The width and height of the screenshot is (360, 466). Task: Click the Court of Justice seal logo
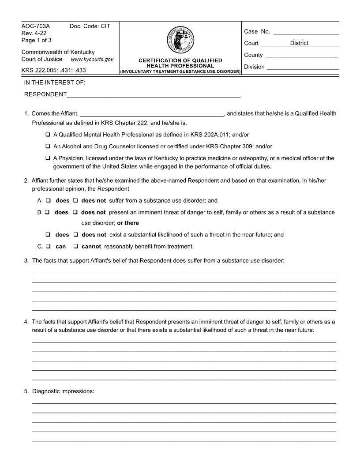point(180,41)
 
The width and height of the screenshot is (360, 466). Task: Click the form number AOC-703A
point(36,26)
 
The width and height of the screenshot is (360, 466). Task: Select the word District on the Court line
point(299,43)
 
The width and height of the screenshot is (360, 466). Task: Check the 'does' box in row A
point(49,200)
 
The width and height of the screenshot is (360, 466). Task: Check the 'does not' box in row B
point(75,212)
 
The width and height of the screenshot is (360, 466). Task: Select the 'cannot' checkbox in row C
point(76,246)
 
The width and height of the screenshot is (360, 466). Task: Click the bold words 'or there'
point(128,223)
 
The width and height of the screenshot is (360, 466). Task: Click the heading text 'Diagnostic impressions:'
point(64,391)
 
